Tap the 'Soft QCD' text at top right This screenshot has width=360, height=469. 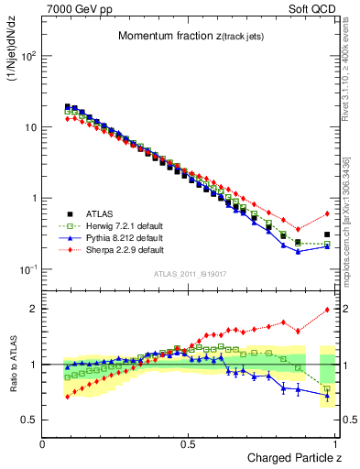[x=311, y=8]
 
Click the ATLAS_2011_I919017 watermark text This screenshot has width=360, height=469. [x=190, y=272]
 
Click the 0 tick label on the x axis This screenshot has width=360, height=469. [x=43, y=443]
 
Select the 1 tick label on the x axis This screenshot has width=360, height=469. [x=336, y=443]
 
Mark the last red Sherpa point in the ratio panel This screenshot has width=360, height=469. [x=327, y=310]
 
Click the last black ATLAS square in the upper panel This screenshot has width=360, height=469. [x=327, y=234]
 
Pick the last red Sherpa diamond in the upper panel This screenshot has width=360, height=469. [x=327, y=213]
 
